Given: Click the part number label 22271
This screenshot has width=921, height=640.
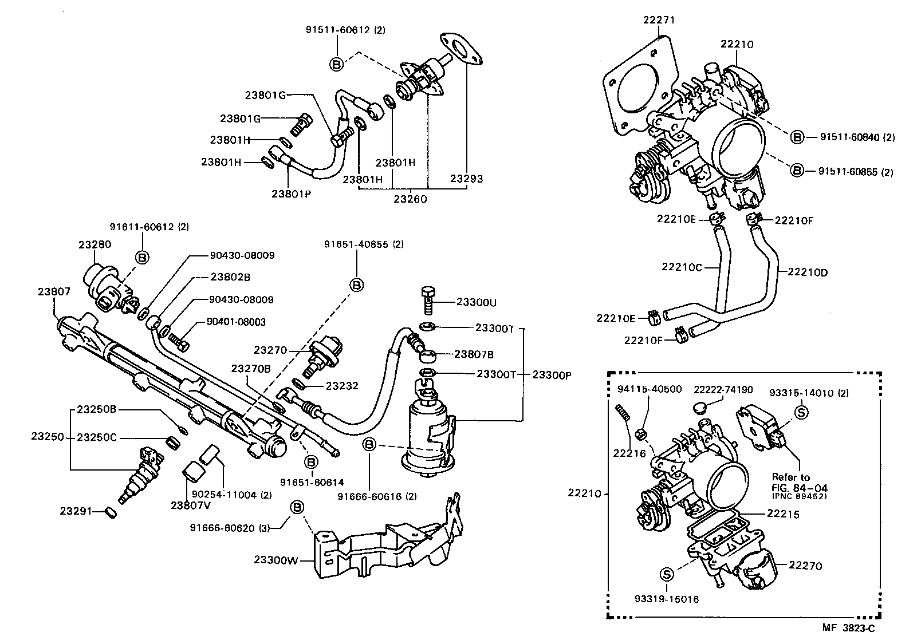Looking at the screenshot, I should point(659,20).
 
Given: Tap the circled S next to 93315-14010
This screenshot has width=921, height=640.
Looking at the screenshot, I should point(801,412).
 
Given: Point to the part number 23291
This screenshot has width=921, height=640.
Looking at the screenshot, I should point(76,511).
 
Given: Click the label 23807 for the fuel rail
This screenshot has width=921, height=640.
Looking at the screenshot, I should point(54,291).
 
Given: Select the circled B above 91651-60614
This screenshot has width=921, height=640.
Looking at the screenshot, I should point(310,461).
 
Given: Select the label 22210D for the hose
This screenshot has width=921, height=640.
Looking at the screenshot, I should point(807,272).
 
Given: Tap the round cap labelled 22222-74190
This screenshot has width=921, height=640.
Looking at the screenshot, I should point(699,408).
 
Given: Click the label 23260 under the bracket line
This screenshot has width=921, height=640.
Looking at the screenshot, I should point(410,199).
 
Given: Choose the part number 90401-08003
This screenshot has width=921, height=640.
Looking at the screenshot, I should point(237,322).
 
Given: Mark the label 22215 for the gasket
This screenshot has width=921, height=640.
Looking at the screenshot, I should point(782,514).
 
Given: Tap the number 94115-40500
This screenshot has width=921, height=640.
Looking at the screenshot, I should point(650,389).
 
